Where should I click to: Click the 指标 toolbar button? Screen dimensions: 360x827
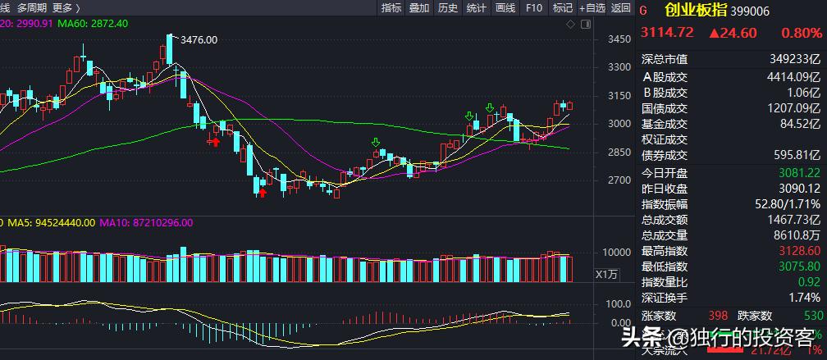point(391,8)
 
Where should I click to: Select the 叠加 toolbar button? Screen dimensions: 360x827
point(418,8)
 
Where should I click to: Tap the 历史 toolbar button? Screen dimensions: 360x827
point(447,8)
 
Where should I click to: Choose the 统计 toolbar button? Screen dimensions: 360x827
point(476,8)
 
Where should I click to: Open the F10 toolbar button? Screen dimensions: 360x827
point(533,8)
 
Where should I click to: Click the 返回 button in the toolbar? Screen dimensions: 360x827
point(621,8)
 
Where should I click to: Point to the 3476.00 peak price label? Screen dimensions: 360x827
point(199,39)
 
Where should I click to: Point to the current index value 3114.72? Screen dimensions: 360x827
point(667,33)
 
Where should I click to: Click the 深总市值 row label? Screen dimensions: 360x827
point(665,59)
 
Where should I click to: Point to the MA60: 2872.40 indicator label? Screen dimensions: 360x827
point(98,23)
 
